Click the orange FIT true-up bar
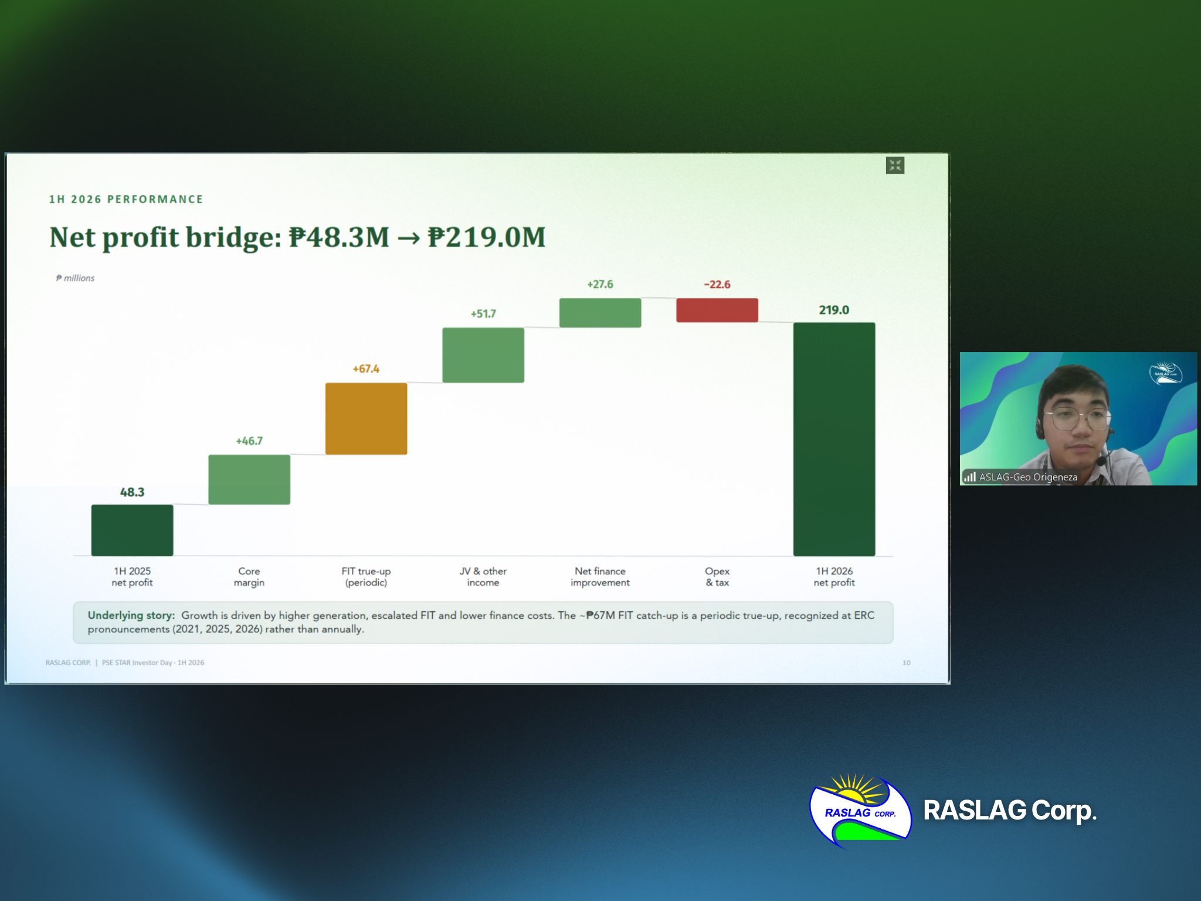click(366, 418)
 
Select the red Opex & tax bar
click(717, 310)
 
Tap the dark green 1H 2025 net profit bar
click(132, 530)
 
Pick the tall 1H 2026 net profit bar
click(834, 439)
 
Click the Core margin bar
click(249, 479)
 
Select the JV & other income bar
click(483, 355)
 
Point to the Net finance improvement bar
click(600, 313)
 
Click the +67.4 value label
click(366, 369)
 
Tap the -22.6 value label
click(717, 284)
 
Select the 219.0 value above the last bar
click(834, 310)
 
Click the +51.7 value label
click(483, 314)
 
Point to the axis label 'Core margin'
click(249, 577)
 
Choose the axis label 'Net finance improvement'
click(600, 577)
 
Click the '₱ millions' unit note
click(75, 278)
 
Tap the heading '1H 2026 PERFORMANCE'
click(126, 199)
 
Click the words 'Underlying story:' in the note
click(131, 615)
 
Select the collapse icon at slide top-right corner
click(895, 165)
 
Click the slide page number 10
click(906, 663)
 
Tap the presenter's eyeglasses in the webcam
click(1078, 419)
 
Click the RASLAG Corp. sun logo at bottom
click(860, 810)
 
